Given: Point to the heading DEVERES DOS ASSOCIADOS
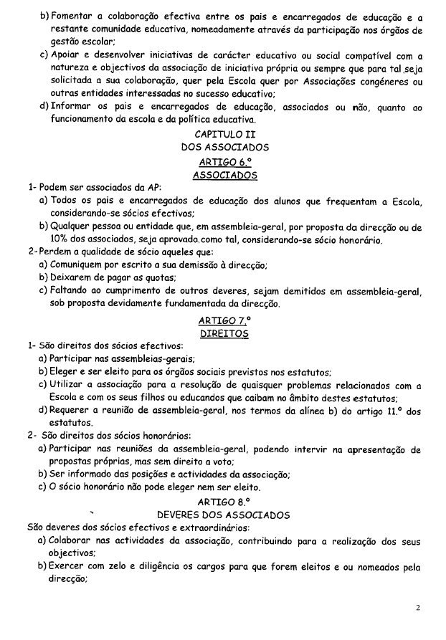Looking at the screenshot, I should [223, 515].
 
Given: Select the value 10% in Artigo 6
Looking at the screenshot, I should [61, 240].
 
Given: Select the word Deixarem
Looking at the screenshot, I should [72, 278].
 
